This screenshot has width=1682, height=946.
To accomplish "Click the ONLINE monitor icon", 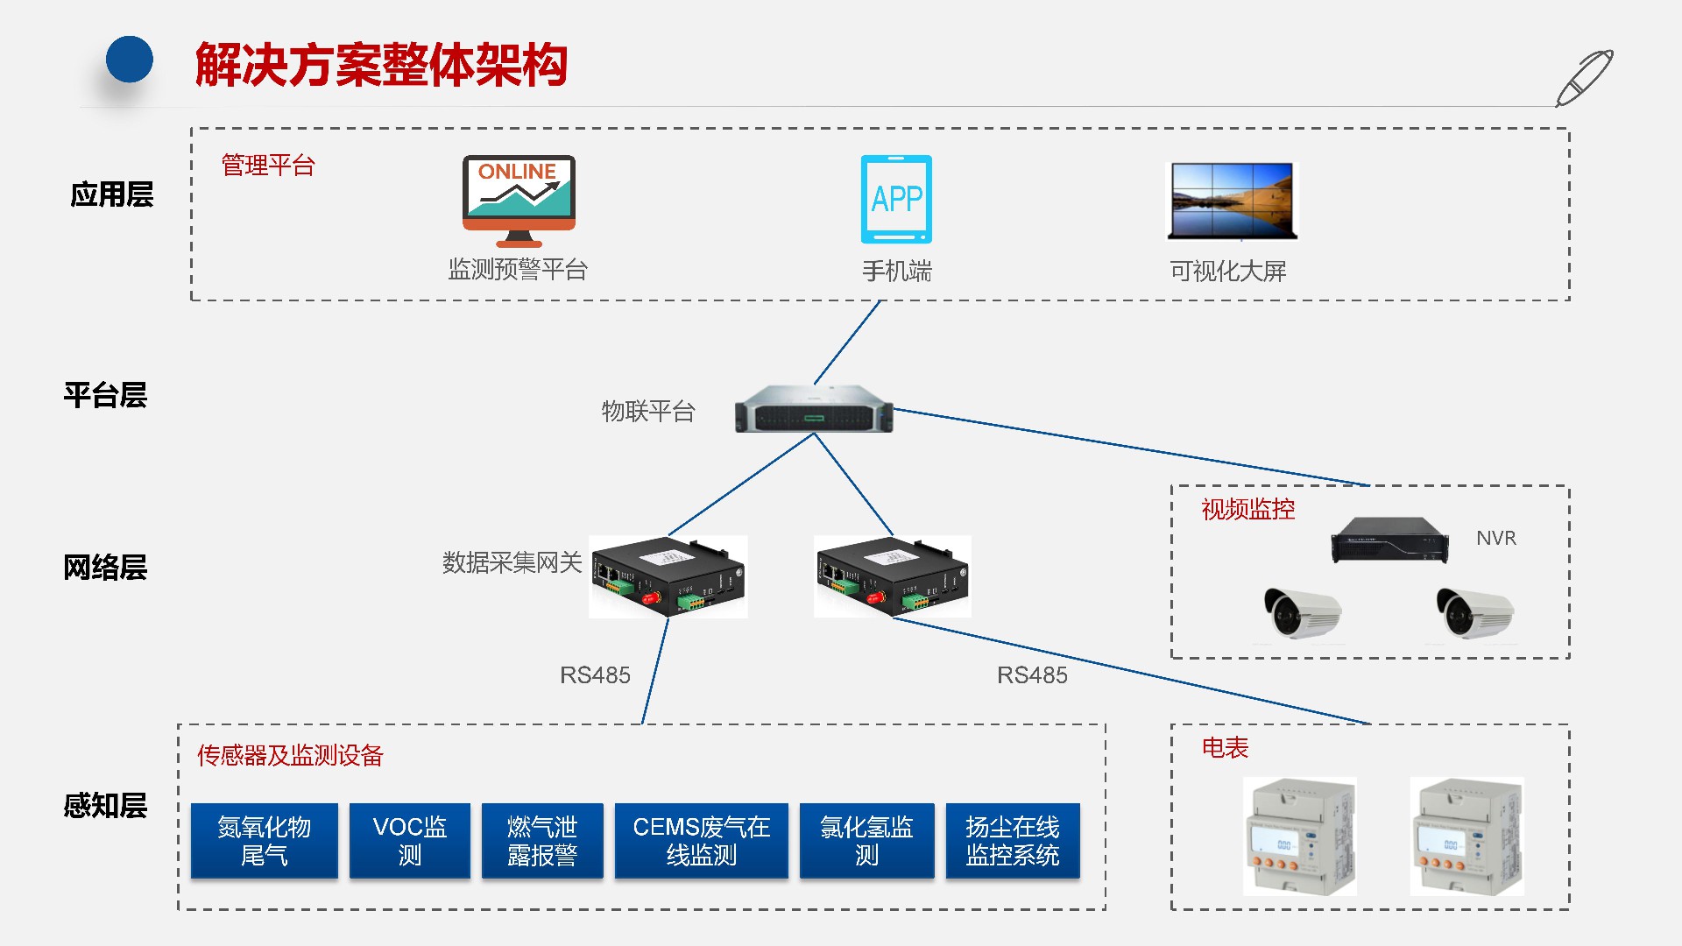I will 519,201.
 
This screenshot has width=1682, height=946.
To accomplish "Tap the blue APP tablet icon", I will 896,199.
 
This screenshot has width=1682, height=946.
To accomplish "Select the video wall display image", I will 1232,201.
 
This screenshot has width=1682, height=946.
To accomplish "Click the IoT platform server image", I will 814,410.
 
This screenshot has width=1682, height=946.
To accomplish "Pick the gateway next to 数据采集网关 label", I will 668,577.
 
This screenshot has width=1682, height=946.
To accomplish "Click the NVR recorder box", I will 1390,539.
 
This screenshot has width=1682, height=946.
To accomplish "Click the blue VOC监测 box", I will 410,840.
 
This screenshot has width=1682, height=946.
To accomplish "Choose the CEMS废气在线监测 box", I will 701,840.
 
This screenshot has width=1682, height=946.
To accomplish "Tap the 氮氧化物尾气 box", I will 264,840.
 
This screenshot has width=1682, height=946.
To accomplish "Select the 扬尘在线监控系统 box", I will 1012,840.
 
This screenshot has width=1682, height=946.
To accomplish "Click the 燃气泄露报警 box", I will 542,840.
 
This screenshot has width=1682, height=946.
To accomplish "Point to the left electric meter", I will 1300,836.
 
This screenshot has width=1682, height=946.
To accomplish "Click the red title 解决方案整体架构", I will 381,65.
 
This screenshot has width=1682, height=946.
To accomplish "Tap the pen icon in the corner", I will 1584,78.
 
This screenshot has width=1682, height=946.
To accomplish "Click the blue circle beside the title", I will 130,60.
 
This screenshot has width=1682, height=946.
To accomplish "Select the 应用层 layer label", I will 111,194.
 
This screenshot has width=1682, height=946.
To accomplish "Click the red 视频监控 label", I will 1247,509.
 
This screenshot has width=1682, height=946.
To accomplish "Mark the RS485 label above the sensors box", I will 595,675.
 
